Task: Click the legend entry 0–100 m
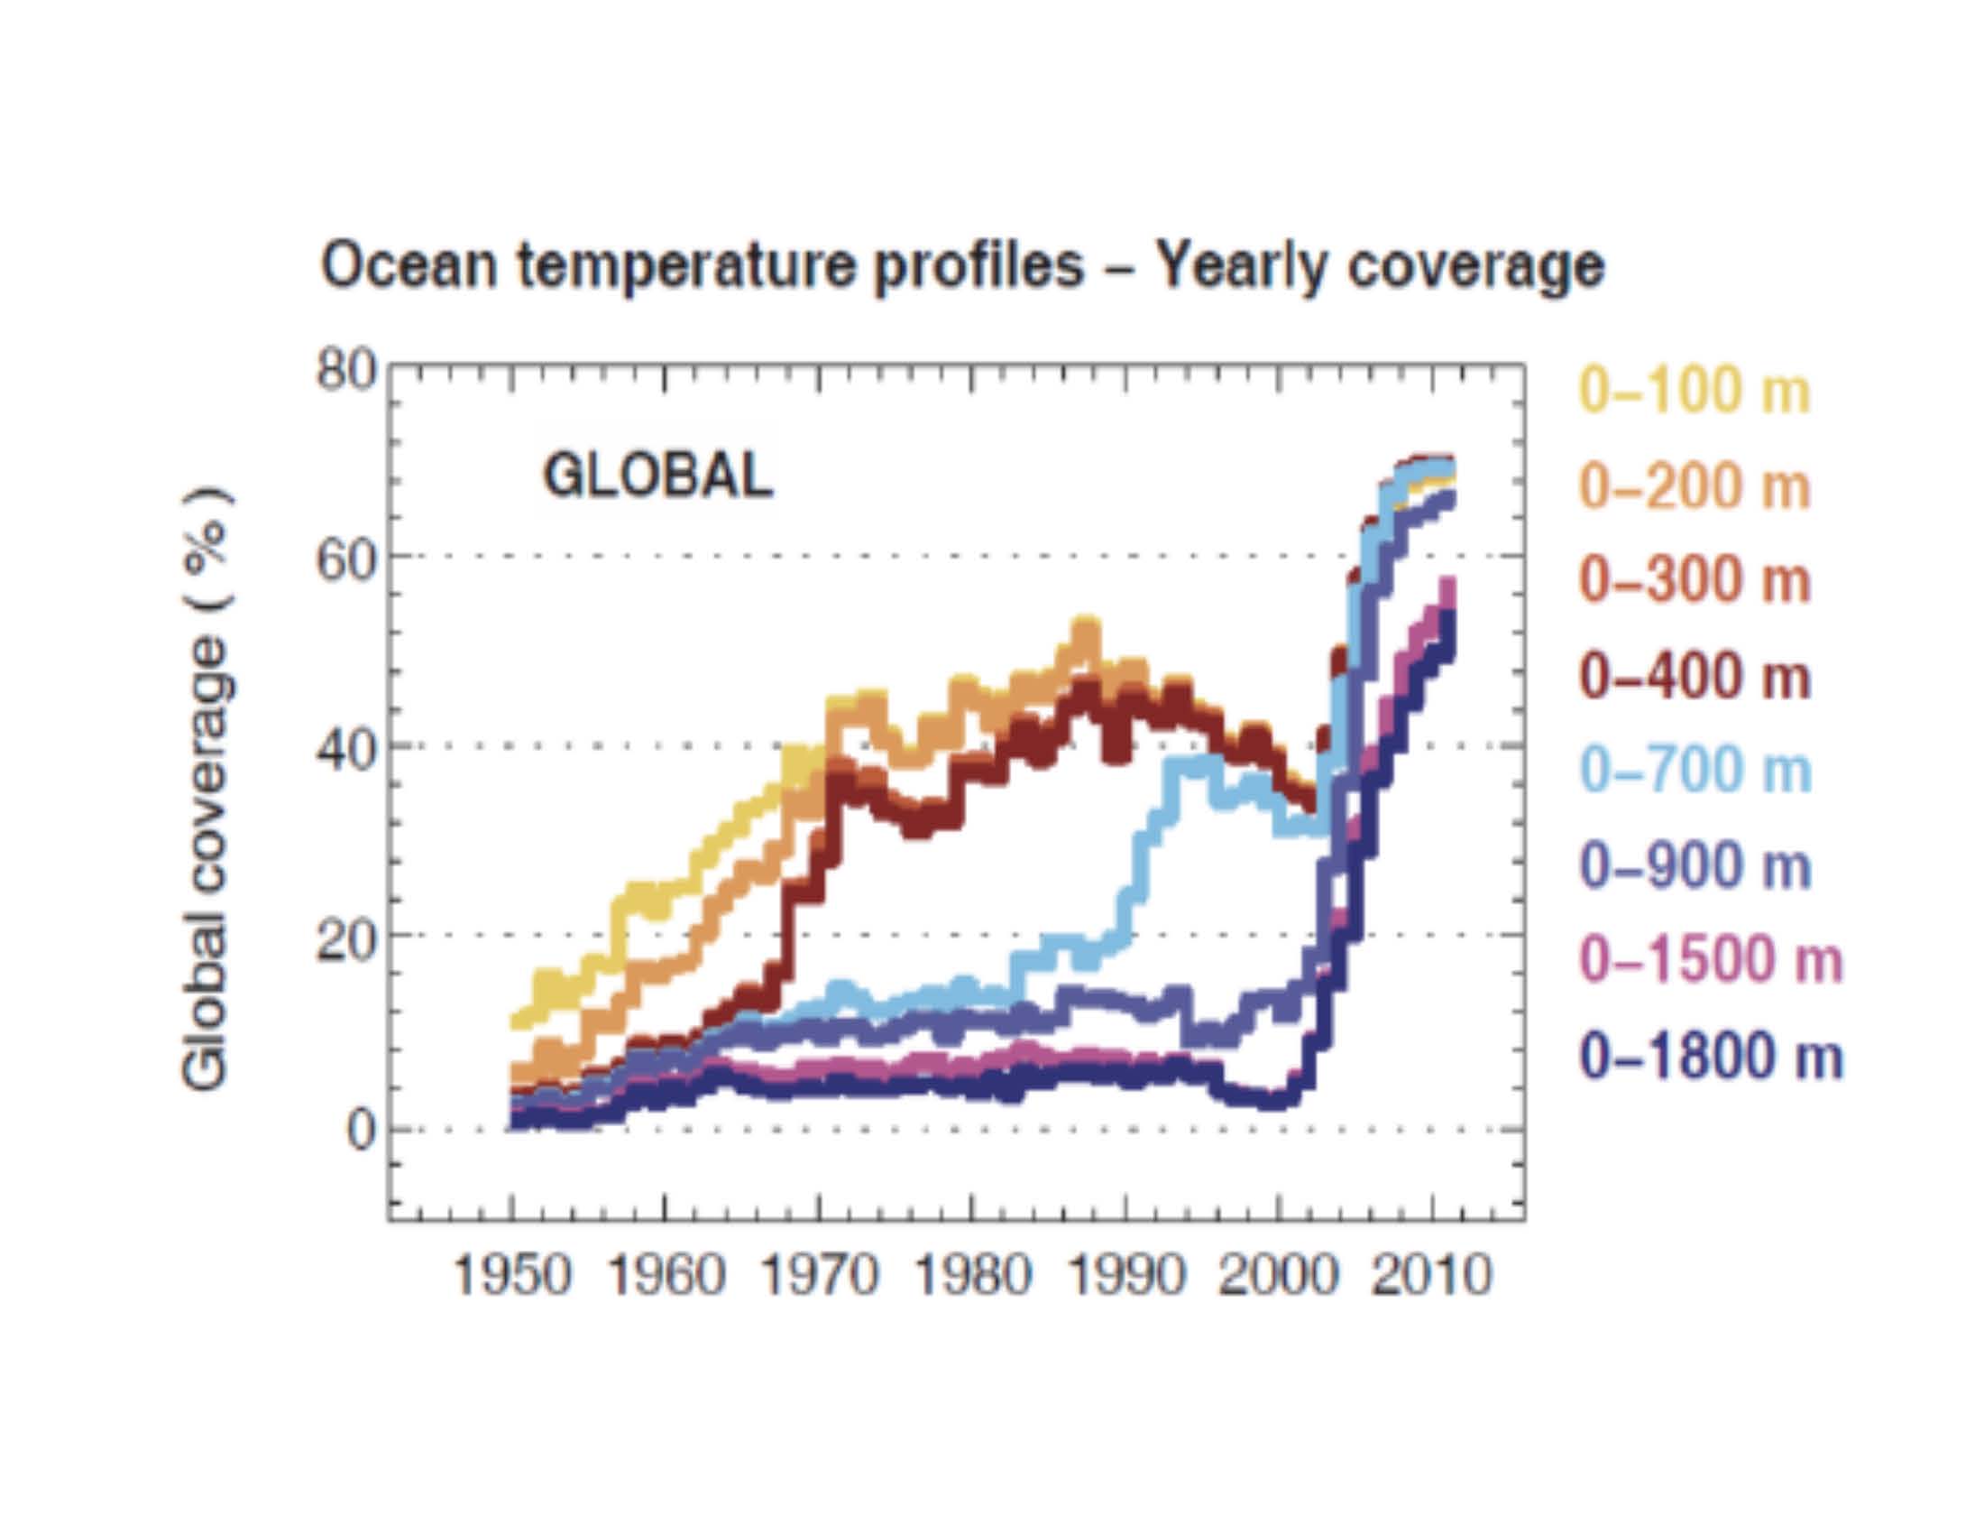point(1695,392)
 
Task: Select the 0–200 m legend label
point(1695,487)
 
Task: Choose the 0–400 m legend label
point(1695,677)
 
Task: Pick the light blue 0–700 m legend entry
point(1695,772)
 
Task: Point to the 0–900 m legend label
point(1695,866)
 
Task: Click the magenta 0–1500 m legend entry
point(1712,961)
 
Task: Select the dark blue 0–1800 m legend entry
point(1712,1057)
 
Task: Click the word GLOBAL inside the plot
point(657,476)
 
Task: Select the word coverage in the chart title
point(1475,267)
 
